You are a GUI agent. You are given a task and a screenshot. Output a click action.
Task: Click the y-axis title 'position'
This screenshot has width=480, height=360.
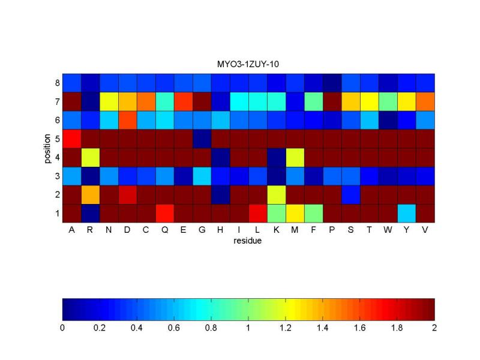(47, 148)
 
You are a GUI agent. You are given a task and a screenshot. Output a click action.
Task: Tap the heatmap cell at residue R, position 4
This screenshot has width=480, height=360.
(90, 157)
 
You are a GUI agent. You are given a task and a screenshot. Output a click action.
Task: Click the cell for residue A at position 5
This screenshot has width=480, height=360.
(71, 139)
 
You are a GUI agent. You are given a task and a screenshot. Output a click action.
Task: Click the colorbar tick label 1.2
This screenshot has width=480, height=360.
(286, 328)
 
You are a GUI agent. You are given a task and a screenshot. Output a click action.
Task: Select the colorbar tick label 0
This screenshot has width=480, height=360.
(62, 328)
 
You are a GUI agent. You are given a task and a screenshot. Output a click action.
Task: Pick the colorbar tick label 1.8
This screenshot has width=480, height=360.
(397, 328)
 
